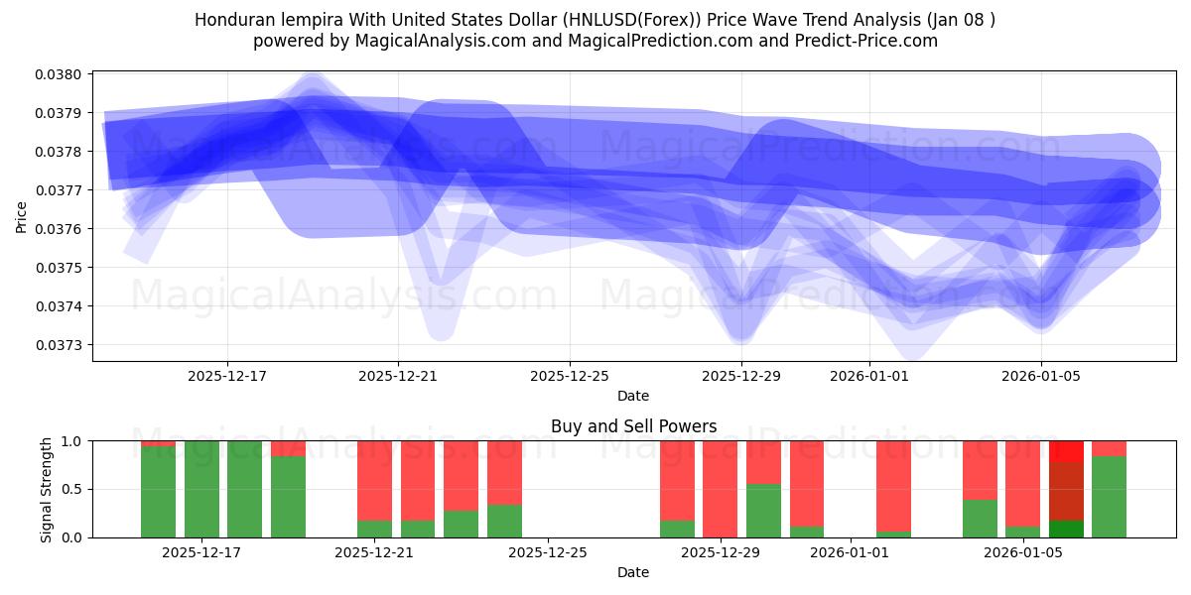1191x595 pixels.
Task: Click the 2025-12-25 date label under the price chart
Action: click(x=570, y=376)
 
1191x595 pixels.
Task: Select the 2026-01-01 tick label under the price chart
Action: click(x=869, y=376)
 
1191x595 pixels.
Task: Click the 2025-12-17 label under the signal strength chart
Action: click(x=201, y=552)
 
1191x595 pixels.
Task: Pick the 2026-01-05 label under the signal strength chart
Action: click(x=1023, y=552)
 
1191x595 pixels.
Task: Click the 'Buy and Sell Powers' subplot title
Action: click(x=633, y=426)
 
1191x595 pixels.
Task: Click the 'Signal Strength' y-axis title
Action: click(x=47, y=489)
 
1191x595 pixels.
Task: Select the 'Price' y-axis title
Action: click(x=22, y=216)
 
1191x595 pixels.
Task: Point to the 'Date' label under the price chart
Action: click(x=633, y=396)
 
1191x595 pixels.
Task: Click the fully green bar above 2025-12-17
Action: click(x=201, y=489)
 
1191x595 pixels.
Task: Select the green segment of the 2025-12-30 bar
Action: click(x=763, y=511)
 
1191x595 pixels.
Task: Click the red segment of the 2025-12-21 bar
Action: click(x=374, y=479)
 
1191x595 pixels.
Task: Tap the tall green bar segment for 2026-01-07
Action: click(x=1109, y=497)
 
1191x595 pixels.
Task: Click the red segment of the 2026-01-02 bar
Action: click(x=893, y=485)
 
